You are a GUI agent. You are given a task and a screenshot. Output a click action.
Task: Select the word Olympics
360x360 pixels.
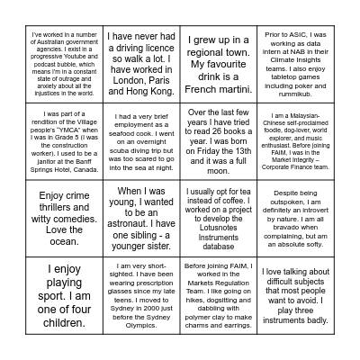(145, 329)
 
